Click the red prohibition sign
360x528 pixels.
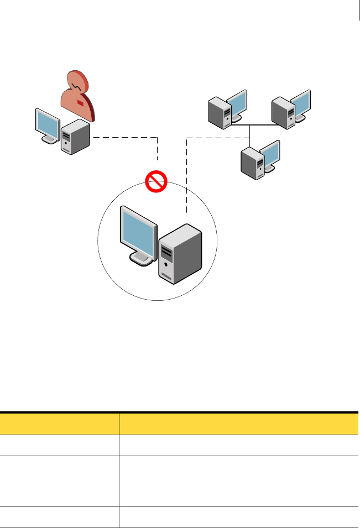pyautogui.click(x=156, y=181)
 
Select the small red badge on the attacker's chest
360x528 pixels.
pyautogui.click(x=81, y=103)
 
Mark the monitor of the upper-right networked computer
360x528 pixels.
pyautogui.click(x=301, y=103)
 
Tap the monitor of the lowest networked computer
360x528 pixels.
pyautogui.click(x=270, y=154)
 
